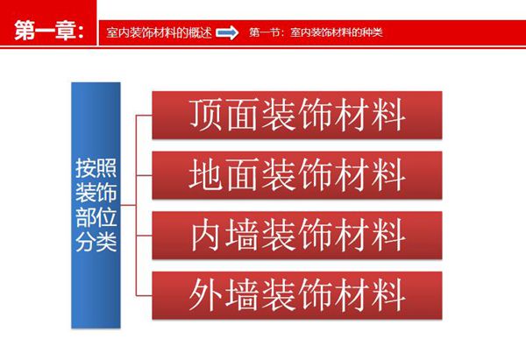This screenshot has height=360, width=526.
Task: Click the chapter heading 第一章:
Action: coord(49,32)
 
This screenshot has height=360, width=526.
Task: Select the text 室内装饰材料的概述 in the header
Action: coord(158,32)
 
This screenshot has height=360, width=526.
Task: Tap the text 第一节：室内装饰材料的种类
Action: coord(316,32)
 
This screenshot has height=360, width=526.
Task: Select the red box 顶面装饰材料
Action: coord(296,114)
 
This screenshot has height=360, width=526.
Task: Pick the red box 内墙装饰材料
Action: coord(296,234)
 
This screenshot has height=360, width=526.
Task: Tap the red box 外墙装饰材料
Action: coord(296,294)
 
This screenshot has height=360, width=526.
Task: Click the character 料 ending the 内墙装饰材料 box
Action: coord(385,235)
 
